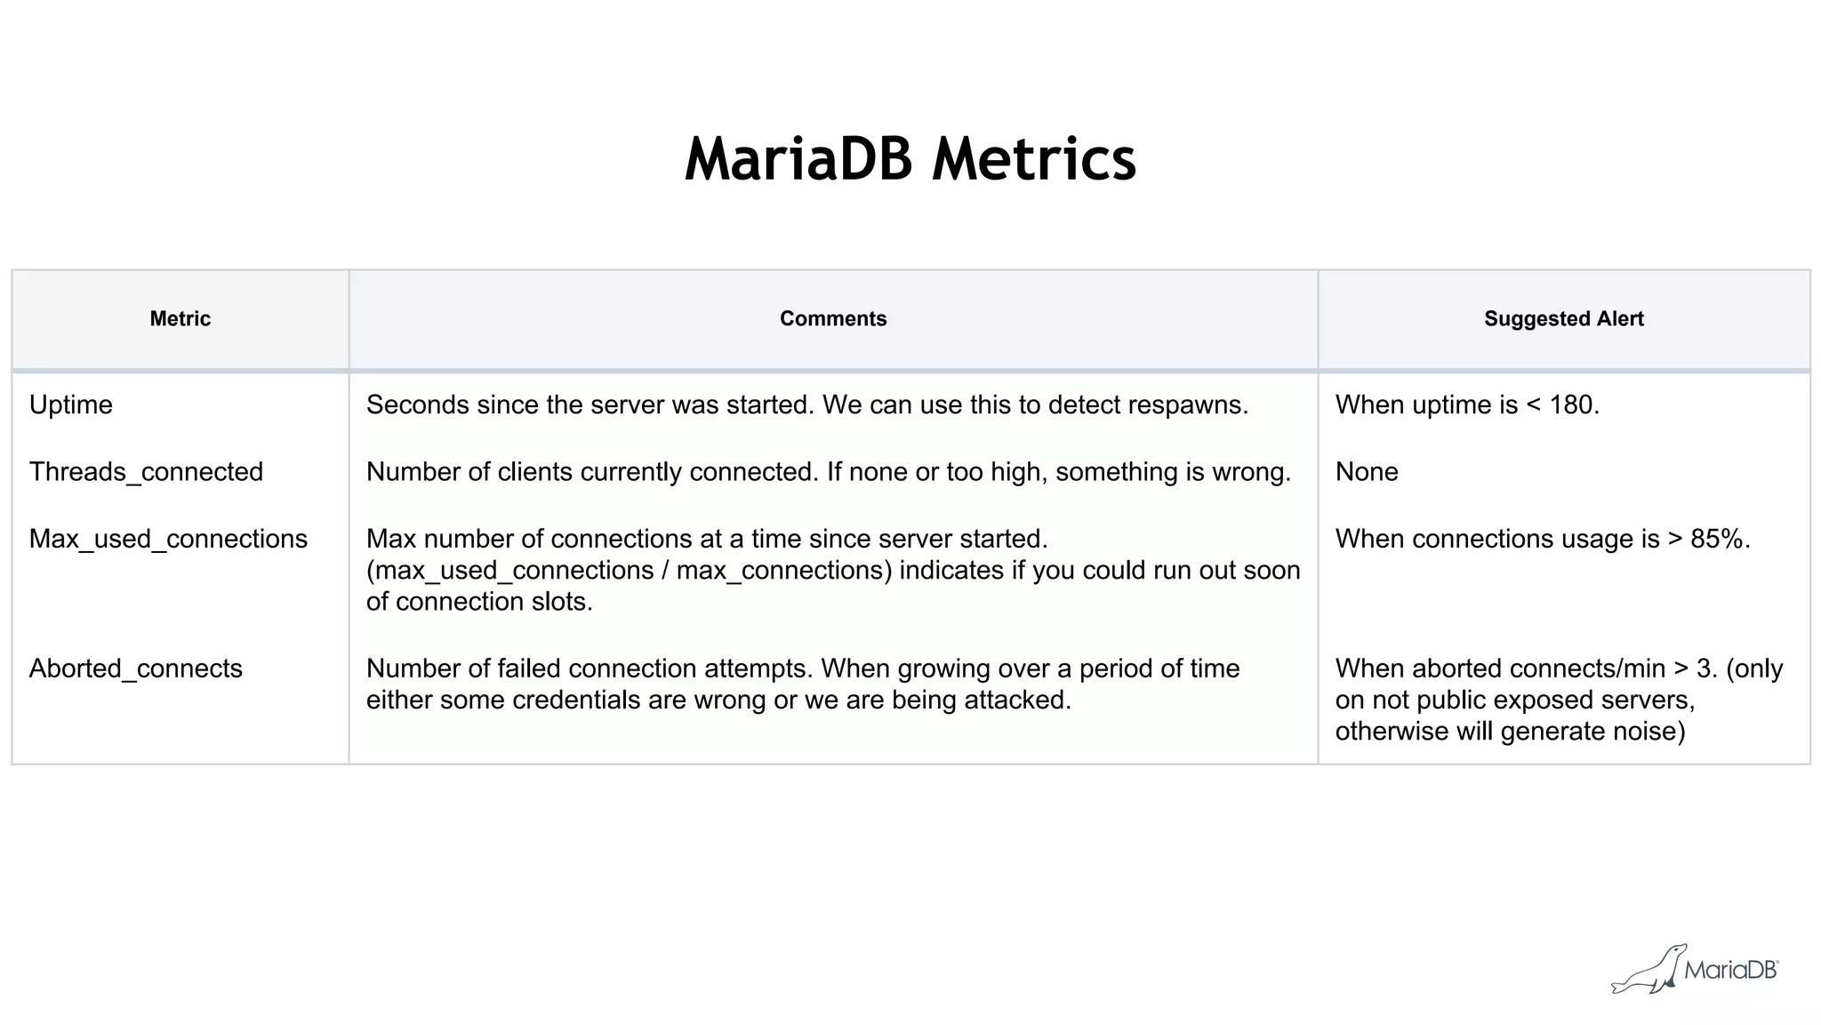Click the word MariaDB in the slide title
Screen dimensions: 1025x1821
click(x=798, y=160)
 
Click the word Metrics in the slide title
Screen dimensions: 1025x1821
click(x=1033, y=160)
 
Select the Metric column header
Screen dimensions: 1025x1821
click(x=180, y=319)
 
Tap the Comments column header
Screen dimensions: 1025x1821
click(x=832, y=319)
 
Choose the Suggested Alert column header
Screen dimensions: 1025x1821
click(x=1563, y=319)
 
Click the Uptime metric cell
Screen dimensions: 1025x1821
click(x=71, y=405)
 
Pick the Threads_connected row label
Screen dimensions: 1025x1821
click(x=146, y=472)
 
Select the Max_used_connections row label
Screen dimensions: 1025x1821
click(x=168, y=540)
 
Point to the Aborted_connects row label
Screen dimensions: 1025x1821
click(x=135, y=669)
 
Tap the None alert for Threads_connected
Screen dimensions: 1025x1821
click(x=1366, y=472)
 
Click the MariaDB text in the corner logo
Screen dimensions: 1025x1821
click(x=1729, y=970)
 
